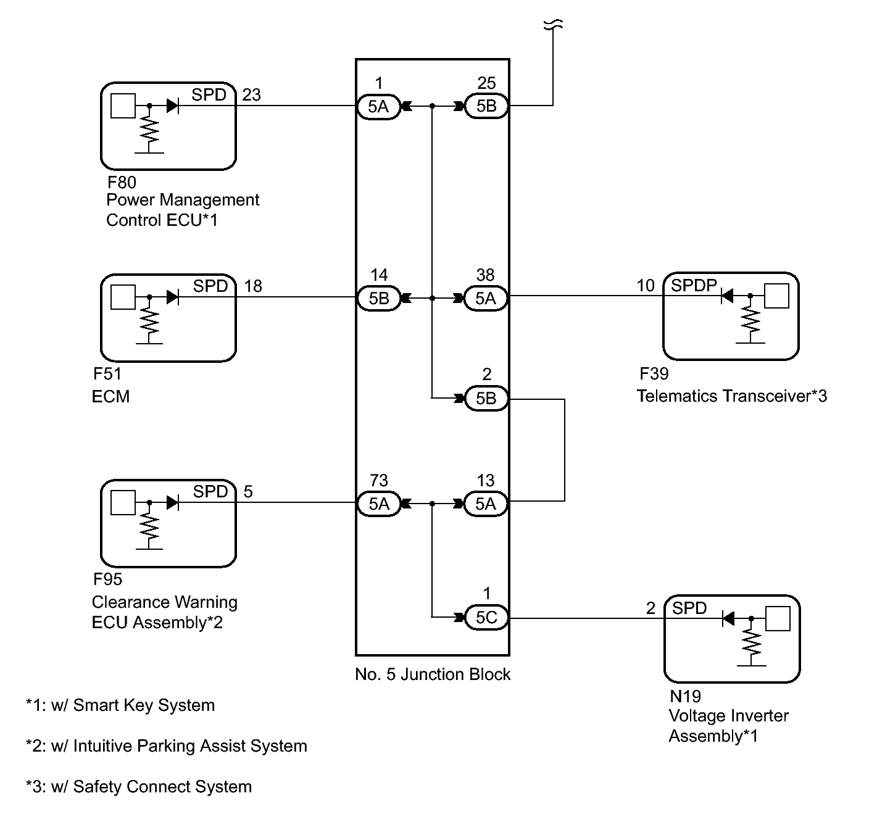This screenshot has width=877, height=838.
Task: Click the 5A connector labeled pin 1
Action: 378,107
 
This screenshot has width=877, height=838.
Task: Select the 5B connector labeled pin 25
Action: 486,106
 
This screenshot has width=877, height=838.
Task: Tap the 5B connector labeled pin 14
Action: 379,298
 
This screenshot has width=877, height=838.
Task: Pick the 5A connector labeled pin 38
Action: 486,298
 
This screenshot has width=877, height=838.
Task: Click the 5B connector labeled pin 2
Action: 486,398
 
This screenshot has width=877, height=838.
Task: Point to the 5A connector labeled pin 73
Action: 379,504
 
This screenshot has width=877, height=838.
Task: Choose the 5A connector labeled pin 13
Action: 486,504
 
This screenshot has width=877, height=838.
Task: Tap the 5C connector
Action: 486,617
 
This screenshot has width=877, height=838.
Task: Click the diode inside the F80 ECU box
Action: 173,106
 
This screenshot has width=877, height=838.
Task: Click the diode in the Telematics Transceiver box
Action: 727,296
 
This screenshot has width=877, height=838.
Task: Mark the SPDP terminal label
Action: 694,285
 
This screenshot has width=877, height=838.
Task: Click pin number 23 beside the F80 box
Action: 251,95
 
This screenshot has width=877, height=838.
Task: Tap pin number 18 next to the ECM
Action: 253,286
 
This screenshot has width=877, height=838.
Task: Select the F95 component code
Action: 107,579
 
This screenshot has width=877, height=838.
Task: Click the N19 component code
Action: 685,697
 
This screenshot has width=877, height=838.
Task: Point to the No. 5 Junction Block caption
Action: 433,674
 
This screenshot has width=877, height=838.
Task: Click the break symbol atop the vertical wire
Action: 553,25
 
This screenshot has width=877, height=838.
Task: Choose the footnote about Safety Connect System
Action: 139,787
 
